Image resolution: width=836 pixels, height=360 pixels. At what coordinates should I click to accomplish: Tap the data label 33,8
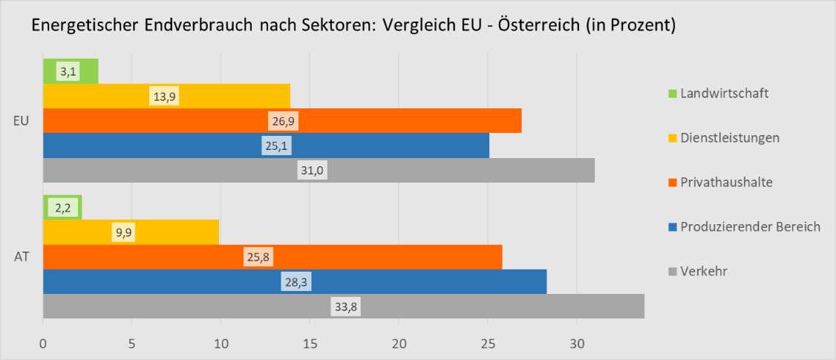click(344, 307)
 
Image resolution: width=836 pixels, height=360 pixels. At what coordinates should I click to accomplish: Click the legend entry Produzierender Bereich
click(749, 226)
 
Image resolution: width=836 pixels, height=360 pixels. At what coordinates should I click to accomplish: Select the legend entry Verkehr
click(703, 271)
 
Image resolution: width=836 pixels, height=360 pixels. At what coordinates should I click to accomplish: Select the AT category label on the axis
click(22, 258)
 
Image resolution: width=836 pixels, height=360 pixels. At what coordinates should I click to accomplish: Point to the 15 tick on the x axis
click(310, 344)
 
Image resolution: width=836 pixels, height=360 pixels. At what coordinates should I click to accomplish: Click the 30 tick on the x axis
click(576, 344)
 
